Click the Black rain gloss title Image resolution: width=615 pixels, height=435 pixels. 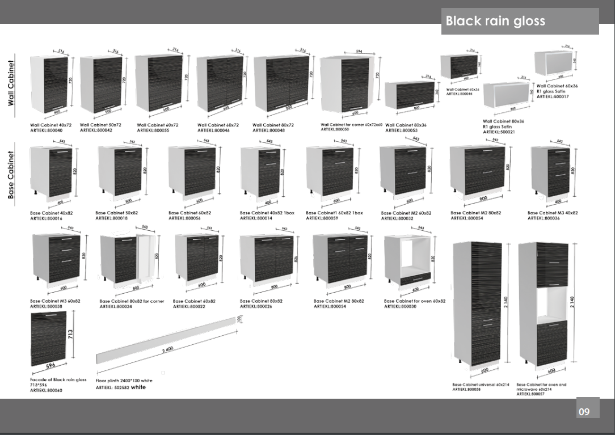[x=495, y=21]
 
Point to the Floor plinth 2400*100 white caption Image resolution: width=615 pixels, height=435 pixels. [x=123, y=383]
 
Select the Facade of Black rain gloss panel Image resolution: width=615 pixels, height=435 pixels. [x=48, y=339]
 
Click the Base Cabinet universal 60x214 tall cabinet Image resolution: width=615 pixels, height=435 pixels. [x=478, y=303]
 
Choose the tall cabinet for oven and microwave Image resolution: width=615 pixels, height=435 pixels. [x=544, y=303]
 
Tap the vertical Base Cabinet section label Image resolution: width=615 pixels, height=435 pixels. [x=11, y=174]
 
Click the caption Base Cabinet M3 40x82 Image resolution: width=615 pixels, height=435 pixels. [x=552, y=213]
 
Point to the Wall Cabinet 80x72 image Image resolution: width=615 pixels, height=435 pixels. [x=282, y=84]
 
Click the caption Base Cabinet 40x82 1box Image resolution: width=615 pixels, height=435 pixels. [x=267, y=213]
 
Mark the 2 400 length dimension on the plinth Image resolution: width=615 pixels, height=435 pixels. [x=167, y=350]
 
